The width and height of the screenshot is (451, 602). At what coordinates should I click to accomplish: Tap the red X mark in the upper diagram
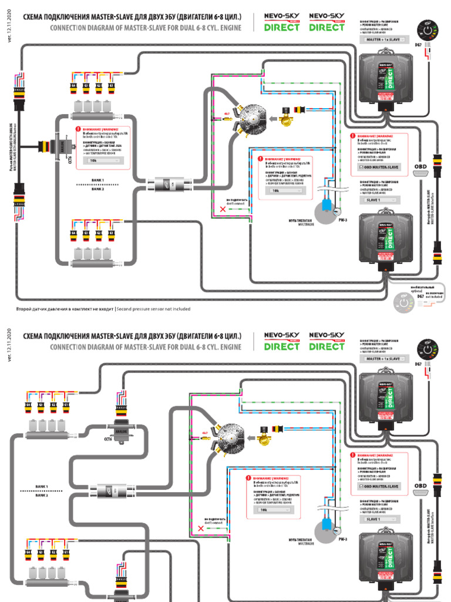[x=222, y=209]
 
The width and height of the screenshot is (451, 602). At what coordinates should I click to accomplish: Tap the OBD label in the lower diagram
[x=420, y=486]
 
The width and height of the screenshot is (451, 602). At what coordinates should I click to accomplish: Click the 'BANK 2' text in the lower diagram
[x=42, y=496]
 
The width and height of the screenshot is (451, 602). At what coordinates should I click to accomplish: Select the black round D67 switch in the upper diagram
[x=427, y=30]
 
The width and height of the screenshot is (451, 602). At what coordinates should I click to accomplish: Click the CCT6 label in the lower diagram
[x=109, y=439]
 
